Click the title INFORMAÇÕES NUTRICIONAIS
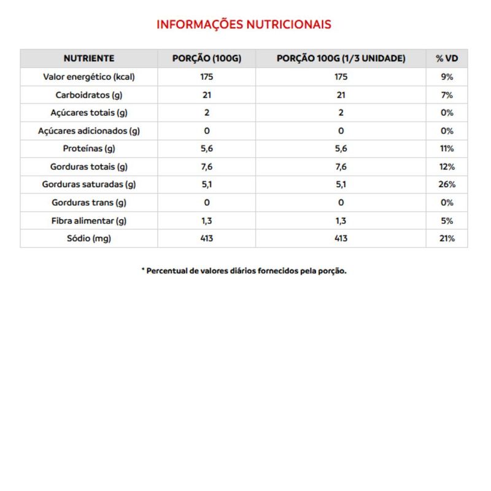point(244,25)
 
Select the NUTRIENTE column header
point(89,58)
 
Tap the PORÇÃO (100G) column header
point(206,58)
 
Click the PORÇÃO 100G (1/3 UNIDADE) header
point(341,58)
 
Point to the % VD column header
point(447,58)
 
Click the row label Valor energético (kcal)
point(89,77)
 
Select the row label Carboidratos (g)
point(89,95)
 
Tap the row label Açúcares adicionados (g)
point(89,131)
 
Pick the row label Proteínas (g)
point(89,149)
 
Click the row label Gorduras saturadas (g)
point(89,184)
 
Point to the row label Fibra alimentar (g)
point(89,220)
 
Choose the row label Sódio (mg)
point(89,238)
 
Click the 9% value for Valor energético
point(447,77)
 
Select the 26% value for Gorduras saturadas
point(447,184)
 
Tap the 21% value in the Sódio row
point(447,238)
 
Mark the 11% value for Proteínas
point(447,149)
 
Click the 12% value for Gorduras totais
point(447,166)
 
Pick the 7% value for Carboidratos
point(447,95)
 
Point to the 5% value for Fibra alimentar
point(447,220)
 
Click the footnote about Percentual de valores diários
point(244,271)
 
